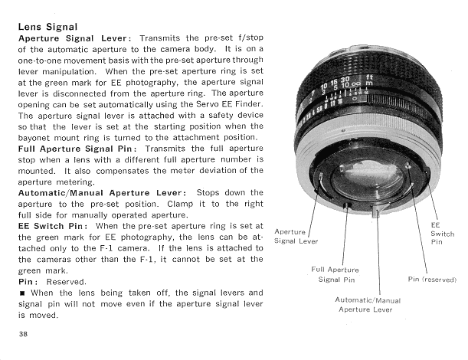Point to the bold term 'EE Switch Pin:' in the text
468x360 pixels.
coord(52,227)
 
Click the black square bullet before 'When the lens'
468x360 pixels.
coord(22,293)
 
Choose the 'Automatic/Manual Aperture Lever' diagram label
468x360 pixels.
coord(368,304)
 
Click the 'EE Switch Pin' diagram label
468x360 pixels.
coord(442,233)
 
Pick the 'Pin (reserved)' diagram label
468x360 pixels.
coord(433,280)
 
